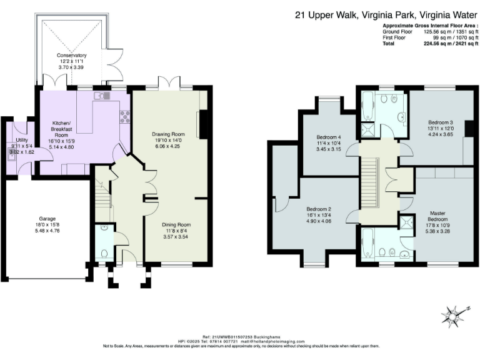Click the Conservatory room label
point(71,56)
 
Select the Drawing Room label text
point(169,134)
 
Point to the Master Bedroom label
point(441,216)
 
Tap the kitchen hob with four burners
point(124,115)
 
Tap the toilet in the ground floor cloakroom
point(104,254)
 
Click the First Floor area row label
point(395,37)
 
